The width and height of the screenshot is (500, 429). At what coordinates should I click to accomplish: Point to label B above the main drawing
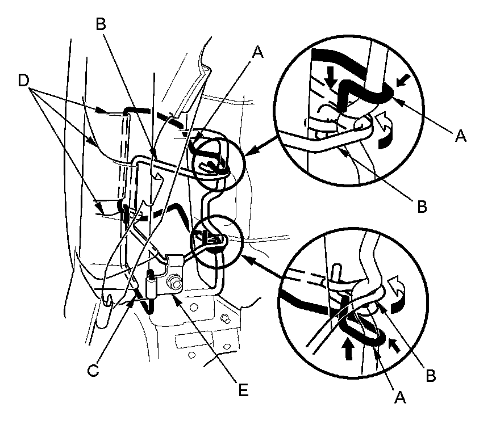[102, 24]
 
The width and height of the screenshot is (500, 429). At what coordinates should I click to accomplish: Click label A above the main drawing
[258, 52]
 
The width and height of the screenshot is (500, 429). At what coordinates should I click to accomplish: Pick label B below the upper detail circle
[421, 207]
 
